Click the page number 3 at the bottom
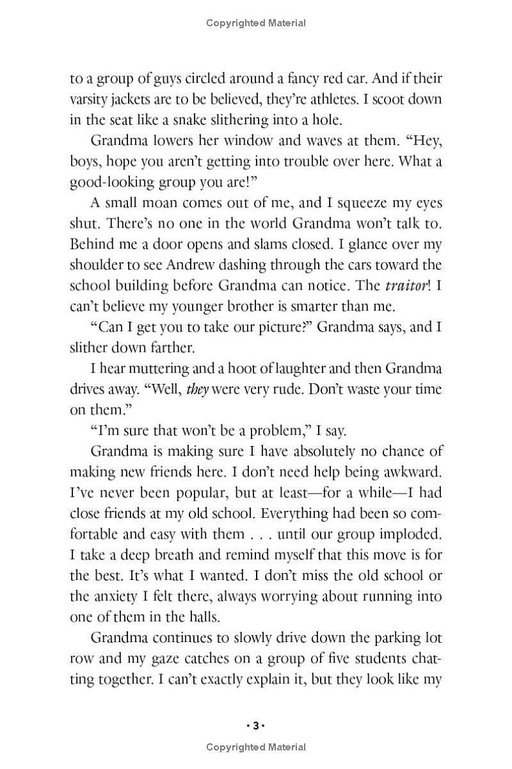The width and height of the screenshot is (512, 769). pyautogui.click(x=255, y=726)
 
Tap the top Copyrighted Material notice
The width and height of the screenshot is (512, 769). pyautogui.click(x=256, y=23)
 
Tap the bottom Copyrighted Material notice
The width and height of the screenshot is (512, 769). pyautogui.click(x=256, y=747)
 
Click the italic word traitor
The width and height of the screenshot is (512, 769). pyautogui.click(x=409, y=285)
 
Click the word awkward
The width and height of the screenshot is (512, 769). pyautogui.click(x=414, y=472)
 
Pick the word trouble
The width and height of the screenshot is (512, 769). pyautogui.click(x=308, y=161)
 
